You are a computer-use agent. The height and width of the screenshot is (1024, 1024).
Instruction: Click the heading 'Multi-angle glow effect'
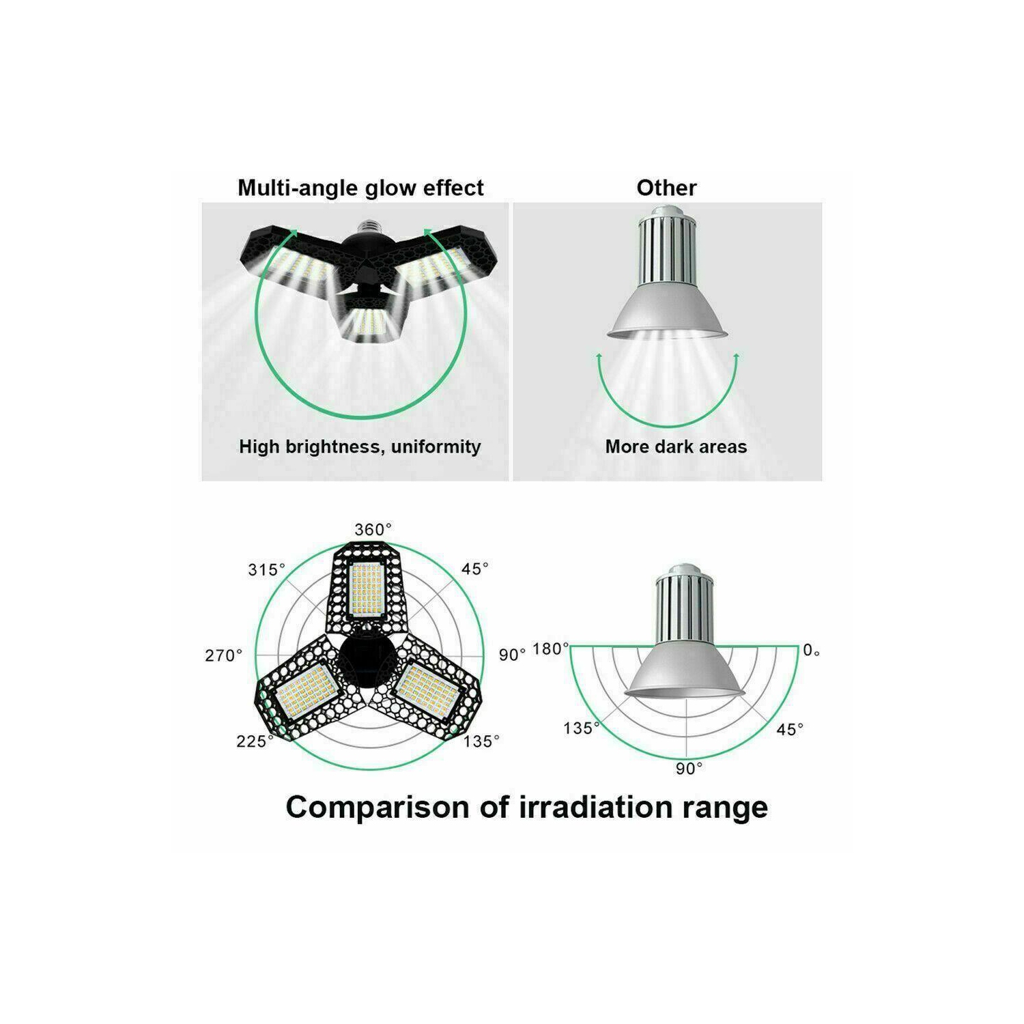360,188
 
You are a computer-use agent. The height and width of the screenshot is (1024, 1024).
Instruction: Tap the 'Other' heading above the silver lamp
666,188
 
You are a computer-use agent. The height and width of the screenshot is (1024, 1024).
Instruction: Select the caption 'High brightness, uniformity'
360,446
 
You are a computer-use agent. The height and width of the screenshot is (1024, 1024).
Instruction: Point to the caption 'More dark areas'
676,446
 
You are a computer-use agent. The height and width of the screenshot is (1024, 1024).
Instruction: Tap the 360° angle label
373,529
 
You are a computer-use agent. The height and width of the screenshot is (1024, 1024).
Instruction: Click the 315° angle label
266,569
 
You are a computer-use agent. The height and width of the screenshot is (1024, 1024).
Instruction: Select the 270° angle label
223,655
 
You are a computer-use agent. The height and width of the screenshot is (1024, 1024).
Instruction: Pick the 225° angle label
255,741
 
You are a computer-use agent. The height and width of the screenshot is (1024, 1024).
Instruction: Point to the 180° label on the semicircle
550,649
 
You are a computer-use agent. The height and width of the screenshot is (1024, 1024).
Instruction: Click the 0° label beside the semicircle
811,650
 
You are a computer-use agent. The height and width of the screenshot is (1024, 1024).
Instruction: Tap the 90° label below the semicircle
689,769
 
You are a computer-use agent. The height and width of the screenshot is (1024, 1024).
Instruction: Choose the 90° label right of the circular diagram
512,655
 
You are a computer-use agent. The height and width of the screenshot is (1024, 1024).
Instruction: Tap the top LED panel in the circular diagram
367,588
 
